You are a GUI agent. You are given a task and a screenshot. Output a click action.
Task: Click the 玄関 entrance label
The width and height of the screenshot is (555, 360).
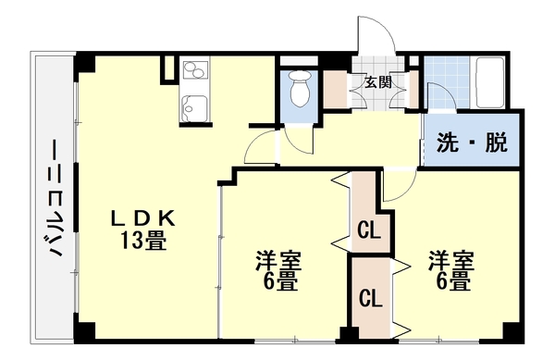click(376, 81)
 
